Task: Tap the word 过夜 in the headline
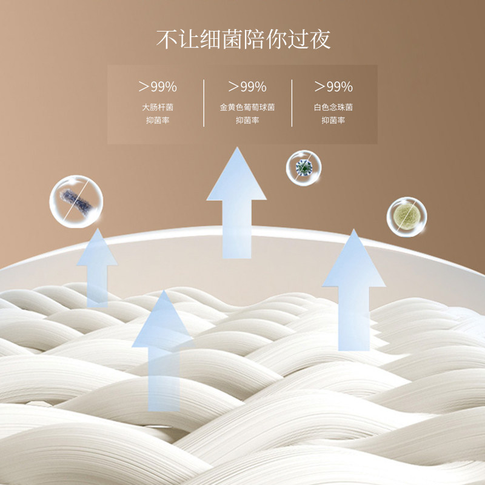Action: pos(309,39)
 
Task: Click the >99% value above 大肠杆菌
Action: pos(158,86)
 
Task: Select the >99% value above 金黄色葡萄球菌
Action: pos(247,86)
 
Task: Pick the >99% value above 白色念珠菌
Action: pos(333,86)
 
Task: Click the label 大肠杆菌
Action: pos(158,107)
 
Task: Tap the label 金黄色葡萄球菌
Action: pos(247,107)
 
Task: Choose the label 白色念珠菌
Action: pos(333,107)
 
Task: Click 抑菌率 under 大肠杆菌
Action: pos(158,120)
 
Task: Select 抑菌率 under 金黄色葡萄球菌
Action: pos(247,120)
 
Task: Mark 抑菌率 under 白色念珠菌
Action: pos(333,120)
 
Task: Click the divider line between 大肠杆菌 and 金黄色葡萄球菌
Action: pos(204,102)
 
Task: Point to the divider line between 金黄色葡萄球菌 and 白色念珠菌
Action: pos(292,102)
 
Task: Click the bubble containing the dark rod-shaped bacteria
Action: pos(76,201)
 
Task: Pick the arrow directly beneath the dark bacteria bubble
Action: pos(97,267)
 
